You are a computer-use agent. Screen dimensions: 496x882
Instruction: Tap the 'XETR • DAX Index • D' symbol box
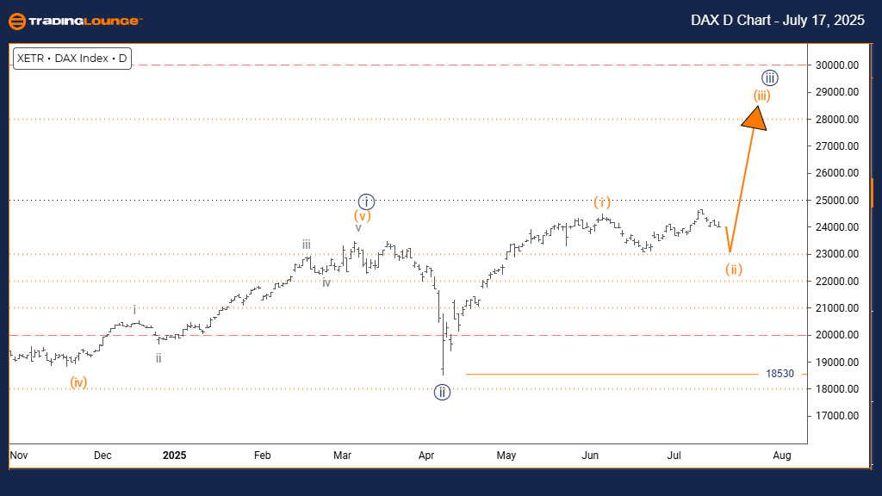[71, 59]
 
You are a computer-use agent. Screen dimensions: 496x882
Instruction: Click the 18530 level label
[780, 374]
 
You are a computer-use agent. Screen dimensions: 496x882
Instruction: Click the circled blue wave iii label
[771, 78]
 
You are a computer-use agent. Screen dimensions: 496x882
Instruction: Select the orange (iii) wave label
[761, 96]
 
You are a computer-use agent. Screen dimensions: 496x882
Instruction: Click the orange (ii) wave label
[733, 270]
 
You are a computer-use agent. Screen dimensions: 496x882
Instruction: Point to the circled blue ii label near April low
[442, 392]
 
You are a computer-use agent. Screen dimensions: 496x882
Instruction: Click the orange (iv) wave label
[78, 381]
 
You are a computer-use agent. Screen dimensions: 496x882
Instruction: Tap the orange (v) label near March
[362, 216]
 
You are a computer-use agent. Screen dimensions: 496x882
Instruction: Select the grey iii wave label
[306, 245]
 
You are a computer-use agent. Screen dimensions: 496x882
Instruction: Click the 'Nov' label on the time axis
[19, 454]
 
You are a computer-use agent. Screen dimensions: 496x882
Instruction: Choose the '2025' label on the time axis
[174, 454]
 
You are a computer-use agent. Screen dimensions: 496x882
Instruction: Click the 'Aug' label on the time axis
[782, 454]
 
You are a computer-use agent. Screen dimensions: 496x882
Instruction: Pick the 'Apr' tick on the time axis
[426, 454]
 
